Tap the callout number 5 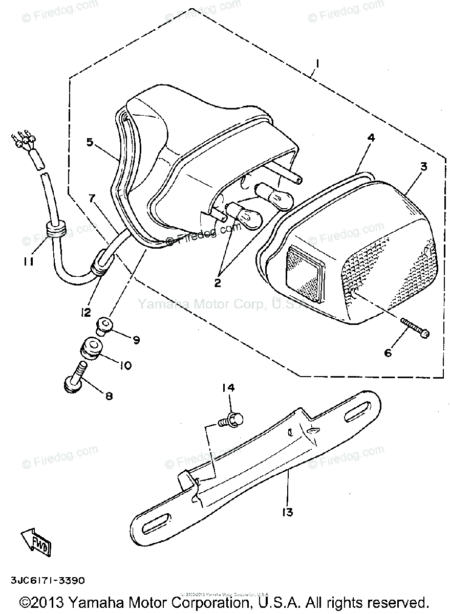pyautogui.click(x=90, y=142)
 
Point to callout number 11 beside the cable pyautogui.click(x=28, y=261)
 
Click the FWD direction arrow pyautogui.click(x=36, y=541)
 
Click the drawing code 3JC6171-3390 pyautogui.click(x=46, y=581)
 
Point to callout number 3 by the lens pyautogui.click(x=424, y=167)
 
